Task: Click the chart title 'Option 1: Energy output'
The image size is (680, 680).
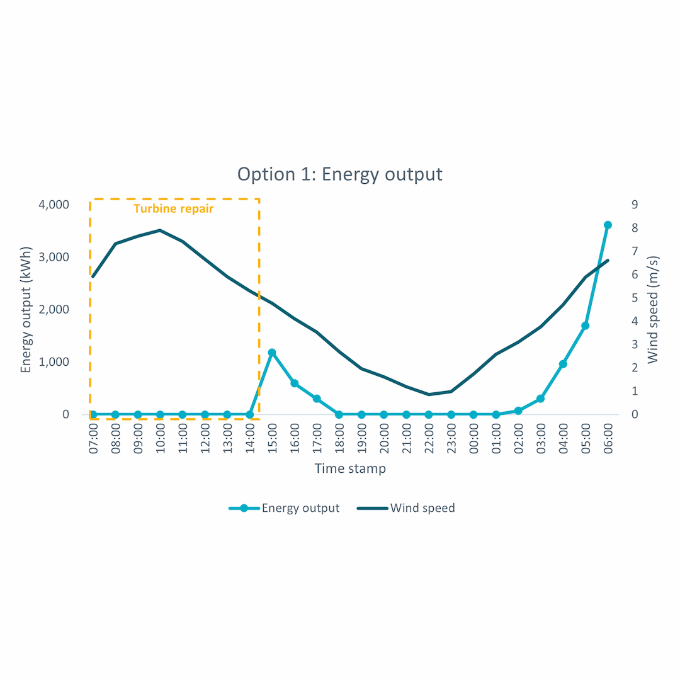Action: [340, 174]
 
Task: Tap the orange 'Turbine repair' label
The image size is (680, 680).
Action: [174, 208]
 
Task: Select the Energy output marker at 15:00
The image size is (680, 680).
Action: [272, 353]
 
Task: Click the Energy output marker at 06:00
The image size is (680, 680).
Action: [608, 225]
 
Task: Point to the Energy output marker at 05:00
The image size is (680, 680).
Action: [585, 326]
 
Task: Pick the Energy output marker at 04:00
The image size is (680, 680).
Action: [563, 364]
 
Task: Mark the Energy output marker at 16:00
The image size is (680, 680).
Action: [294, 383]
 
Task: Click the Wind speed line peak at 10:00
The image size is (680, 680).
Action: [160, 230]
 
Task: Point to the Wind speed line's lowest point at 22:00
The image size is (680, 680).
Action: [429, 394]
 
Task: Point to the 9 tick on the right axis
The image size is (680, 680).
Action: [635, 205]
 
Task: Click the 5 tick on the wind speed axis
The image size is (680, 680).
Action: [635, 298]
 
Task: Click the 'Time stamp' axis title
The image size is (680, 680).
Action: [350, 468]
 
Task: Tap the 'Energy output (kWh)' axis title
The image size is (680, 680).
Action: [26, 310]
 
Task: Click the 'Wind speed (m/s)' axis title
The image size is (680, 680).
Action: [653, 310]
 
